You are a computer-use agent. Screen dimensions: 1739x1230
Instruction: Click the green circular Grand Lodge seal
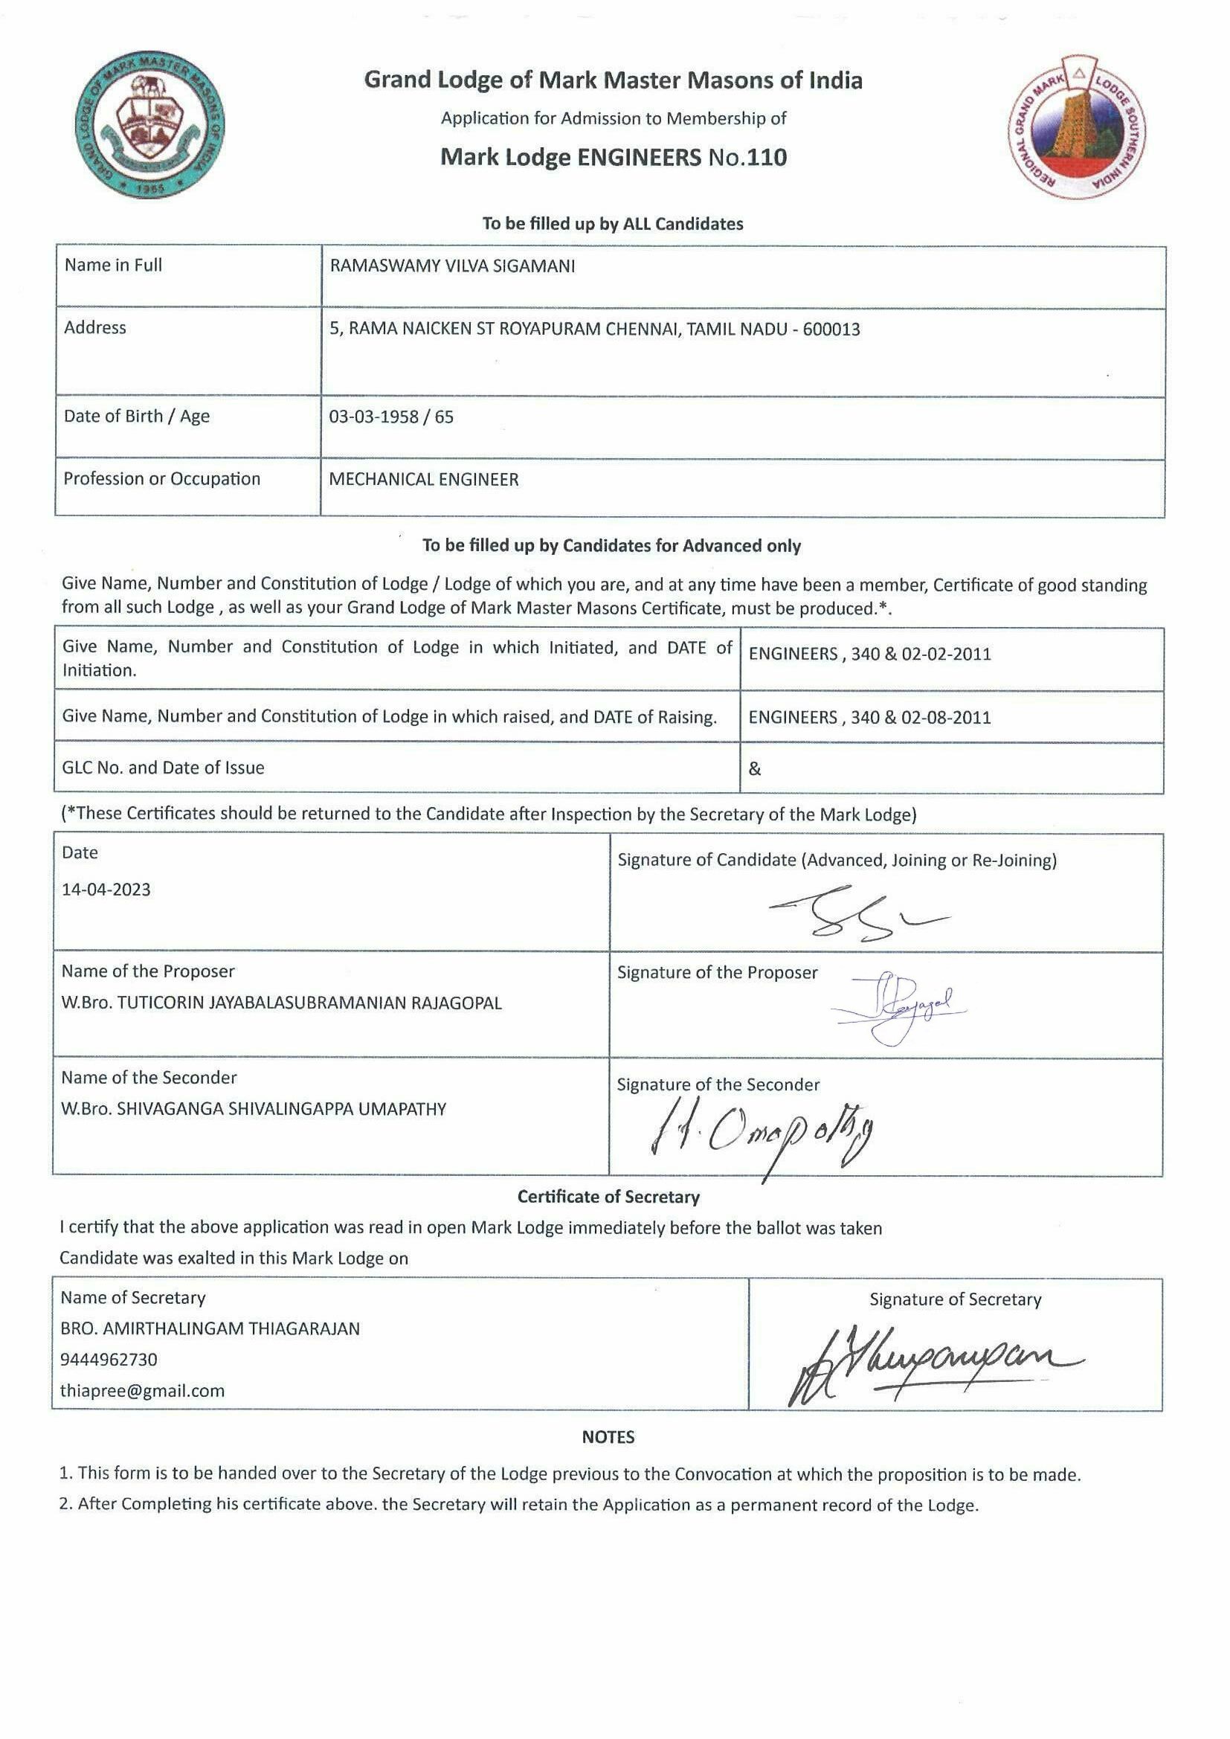click(152, 129)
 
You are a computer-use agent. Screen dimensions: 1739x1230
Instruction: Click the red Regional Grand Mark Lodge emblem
click(1078, 127)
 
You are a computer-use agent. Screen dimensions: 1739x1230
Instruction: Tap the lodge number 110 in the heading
click(768, 158)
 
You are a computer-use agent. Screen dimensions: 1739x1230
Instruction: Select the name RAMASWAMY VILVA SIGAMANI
click(452, 266)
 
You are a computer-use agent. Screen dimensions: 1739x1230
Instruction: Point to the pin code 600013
click(831, 330)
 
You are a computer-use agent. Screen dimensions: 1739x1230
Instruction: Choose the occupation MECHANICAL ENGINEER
click(423, 480)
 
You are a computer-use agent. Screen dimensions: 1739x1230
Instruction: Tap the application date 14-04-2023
click(106, 889)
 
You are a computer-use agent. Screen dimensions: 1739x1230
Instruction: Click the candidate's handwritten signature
click(856, 913)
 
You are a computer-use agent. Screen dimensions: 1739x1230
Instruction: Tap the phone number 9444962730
click(109, 1360)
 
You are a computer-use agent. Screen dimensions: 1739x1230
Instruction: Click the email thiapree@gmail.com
click(142, 1391)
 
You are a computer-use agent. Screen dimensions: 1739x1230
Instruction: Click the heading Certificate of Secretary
click(608, 1197)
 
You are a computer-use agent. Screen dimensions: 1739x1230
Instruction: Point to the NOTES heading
click(608, 1437)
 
